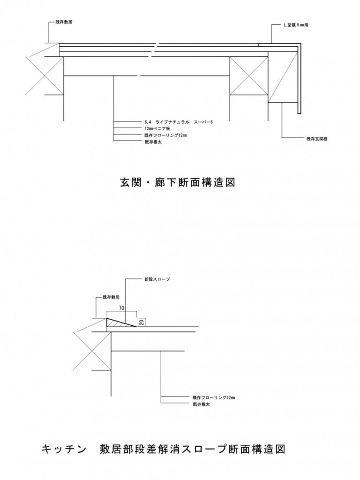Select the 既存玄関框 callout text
(317, 138)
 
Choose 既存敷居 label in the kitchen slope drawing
(111, 297)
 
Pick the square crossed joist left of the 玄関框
(247, 76)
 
